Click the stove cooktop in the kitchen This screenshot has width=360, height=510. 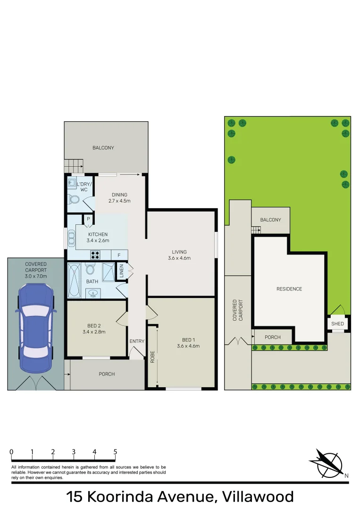tap(95, 255)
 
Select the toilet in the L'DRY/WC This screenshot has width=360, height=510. tap(74, 200)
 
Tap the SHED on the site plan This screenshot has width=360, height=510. tap(338, 323)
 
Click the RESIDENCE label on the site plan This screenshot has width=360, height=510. tap(289, 289)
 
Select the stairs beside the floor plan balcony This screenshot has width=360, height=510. tap(74, 166)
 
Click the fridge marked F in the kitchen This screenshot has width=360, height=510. tap(118, 255)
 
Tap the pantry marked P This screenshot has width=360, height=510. tap(88, 219)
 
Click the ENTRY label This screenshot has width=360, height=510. tap(137, 341)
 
